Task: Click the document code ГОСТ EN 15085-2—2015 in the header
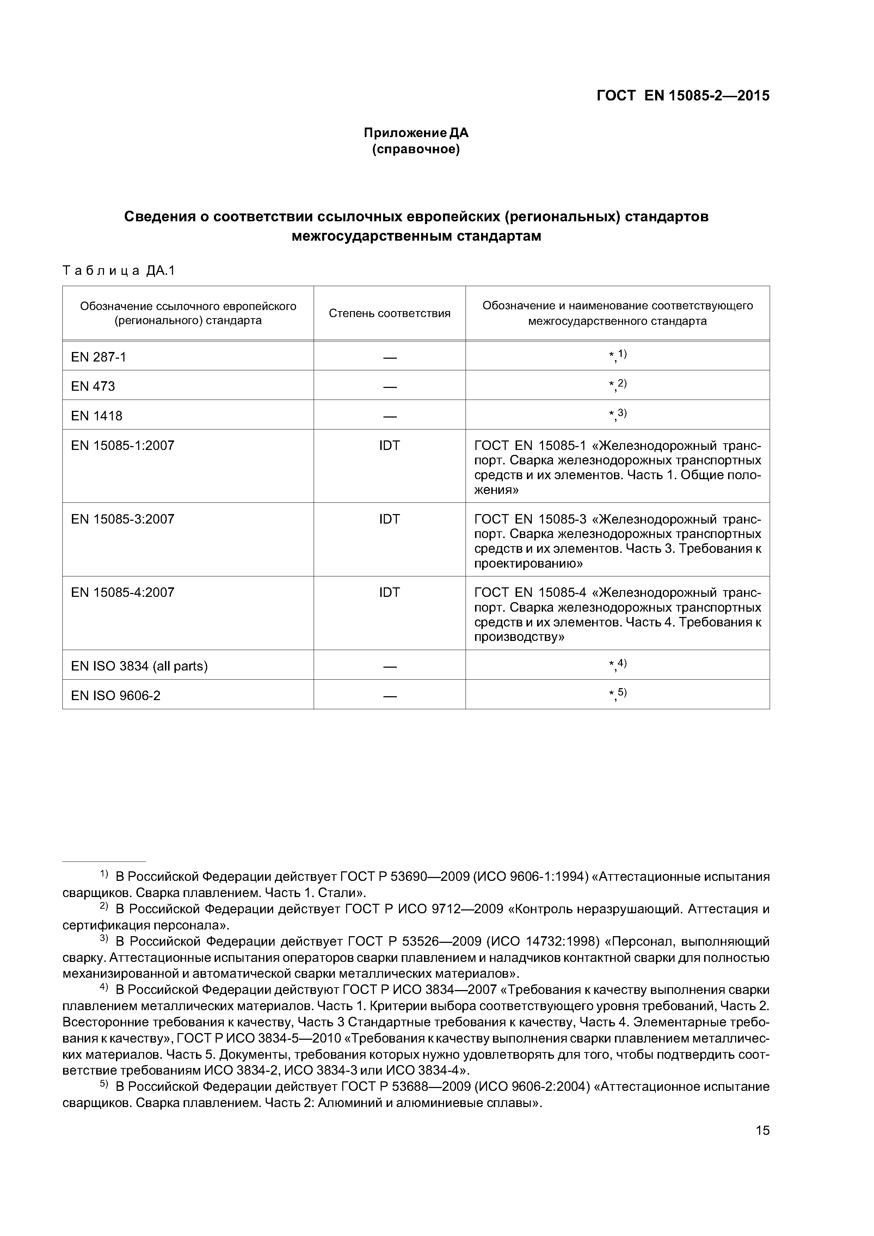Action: (x=683, y=96)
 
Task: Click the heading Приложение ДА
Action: (x=416, y=132)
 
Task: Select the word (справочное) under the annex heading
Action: (x=416, y=149)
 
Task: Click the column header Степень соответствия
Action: (x=389, y=313)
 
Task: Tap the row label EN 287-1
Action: (x=99, y=357)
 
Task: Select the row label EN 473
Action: (x=93, y=387)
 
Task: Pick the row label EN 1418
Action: (x=97, y=416)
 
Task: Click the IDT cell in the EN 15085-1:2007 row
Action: (x=389, y=446)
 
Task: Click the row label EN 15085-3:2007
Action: (x=123, y=519)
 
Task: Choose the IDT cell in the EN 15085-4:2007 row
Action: (x=389, y=593)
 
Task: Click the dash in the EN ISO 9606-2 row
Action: (x=389, y=696)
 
